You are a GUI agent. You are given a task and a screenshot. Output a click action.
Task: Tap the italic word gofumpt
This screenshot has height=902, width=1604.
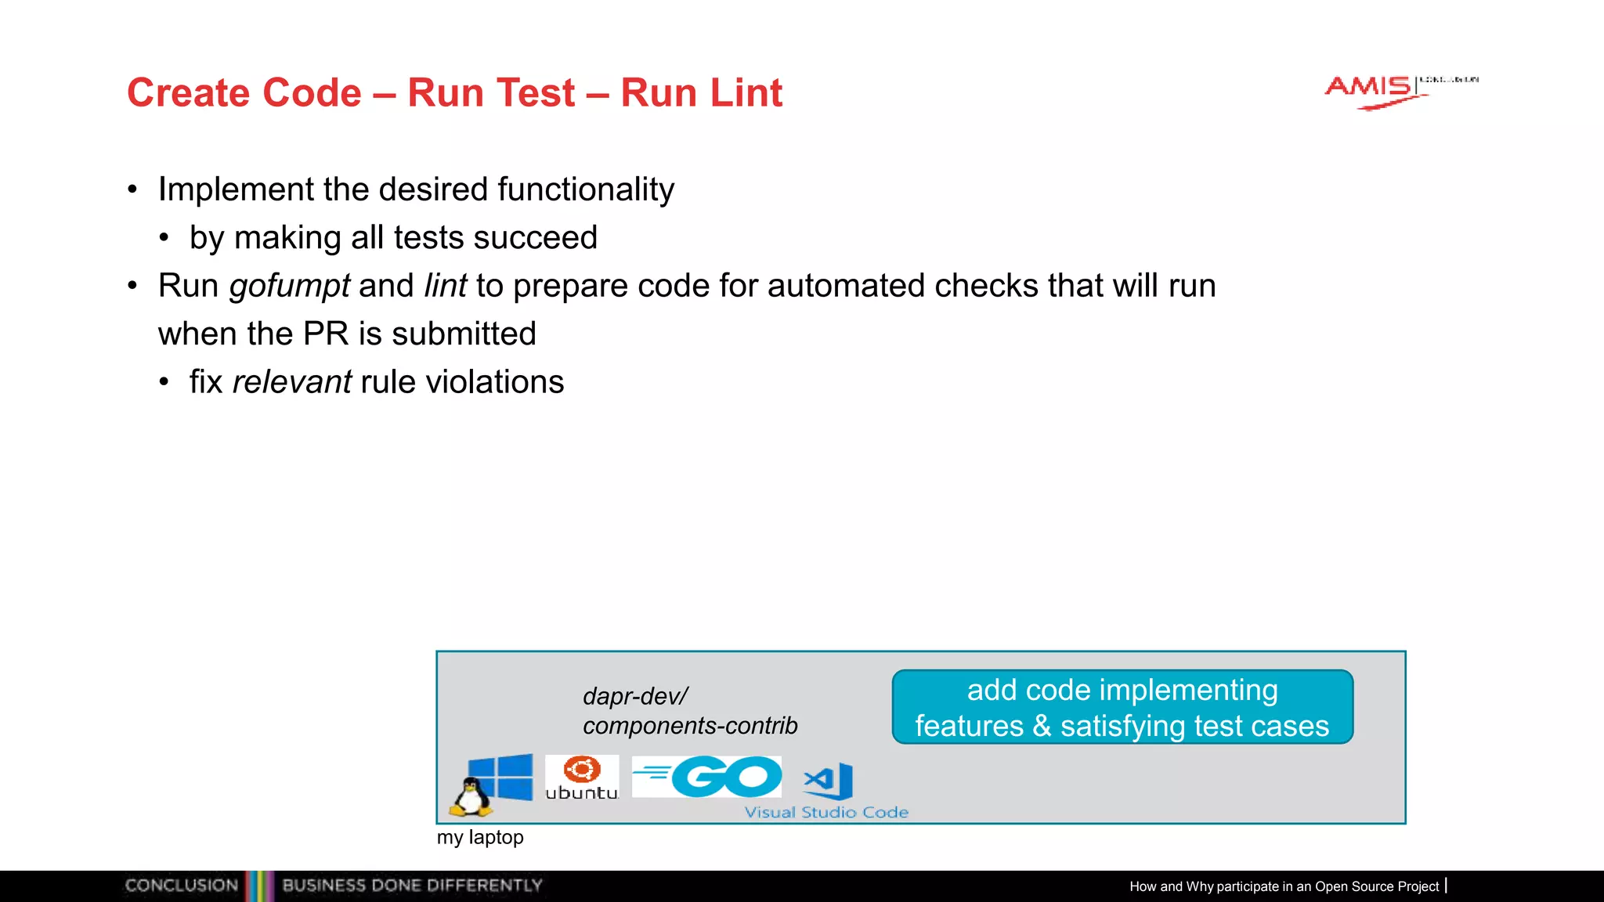[x=289, y=286]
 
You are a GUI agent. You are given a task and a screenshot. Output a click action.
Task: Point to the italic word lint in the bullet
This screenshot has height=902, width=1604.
[x=445, y=286]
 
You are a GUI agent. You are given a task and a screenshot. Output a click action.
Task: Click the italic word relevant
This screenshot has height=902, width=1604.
[x=291, y=382]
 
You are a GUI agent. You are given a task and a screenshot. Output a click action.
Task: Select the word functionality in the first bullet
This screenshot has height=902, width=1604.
[x=585, y=189]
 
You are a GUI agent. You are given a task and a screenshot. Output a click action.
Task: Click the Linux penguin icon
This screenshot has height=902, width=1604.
[x=471, y=796]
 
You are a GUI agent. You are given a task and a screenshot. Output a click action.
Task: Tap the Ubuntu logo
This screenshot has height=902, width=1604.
[x=581, y=778]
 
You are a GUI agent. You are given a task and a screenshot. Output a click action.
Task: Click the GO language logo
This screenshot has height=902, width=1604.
[x=707, y=777]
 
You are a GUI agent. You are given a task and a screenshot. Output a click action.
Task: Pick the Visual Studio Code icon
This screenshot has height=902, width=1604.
[x=829, y=781]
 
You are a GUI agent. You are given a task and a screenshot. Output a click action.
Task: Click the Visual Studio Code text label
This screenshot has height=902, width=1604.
[x=826, y=813]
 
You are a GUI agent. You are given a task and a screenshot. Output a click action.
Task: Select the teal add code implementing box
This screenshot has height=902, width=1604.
[x=1122, y=707]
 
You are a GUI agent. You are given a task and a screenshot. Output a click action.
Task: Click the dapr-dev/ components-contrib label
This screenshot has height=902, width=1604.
[x=689, y=711]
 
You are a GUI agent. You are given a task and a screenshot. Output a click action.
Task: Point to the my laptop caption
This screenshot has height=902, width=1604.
[x=480, y=837]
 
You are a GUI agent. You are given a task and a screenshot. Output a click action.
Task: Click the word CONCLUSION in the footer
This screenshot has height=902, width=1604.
[x=182, y=886]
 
